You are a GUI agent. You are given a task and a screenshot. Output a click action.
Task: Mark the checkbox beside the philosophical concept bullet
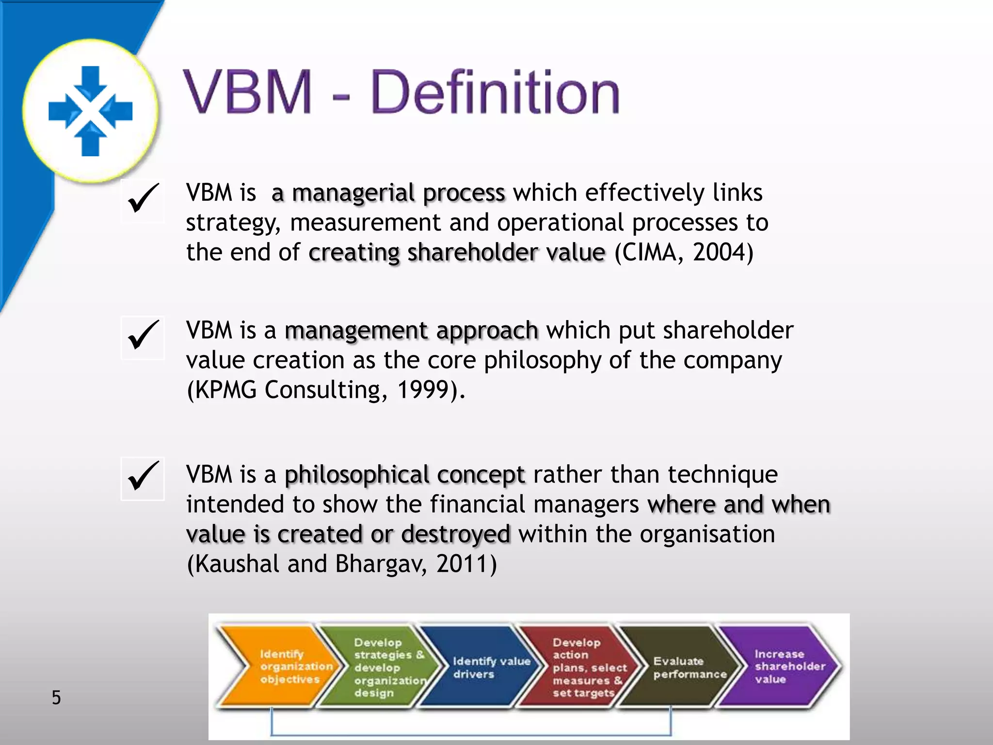pyautogui.click(x=143, y=478)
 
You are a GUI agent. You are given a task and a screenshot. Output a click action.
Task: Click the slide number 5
pyautogui.click(x=56, y=697)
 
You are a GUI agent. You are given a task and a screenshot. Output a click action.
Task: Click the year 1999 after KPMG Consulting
pyautogui.click(x=423, y=390)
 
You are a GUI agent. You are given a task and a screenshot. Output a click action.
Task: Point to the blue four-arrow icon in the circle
pyautogui.click(x=91, y=111)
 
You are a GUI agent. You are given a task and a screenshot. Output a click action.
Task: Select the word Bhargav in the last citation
pyautogui.click(x=381, y=564)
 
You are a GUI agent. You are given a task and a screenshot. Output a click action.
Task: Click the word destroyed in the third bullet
pyautogui.click(x=456, y=534)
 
